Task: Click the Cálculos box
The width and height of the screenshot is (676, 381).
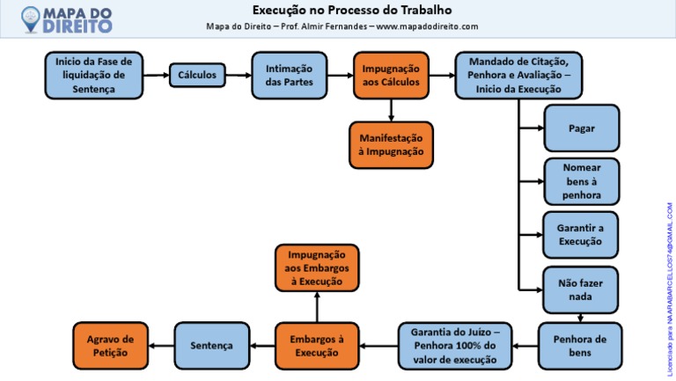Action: tap(197, 75)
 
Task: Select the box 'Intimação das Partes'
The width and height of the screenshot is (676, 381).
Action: tap(290, 76)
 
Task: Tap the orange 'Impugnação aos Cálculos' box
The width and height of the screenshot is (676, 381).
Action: tap(391, 76)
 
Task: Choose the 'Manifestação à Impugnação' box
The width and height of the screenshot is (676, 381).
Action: tap(391, 145)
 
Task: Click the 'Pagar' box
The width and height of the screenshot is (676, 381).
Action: tap(582, 128)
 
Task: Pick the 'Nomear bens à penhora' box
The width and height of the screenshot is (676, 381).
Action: tap(582, 181)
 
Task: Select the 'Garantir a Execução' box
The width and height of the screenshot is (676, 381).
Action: tap(580, 235)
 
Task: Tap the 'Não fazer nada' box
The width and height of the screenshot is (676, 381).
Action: tap(580, 290)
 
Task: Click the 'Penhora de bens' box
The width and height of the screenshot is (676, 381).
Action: tap(580, 346)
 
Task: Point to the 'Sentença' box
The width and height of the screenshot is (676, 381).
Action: tap(211, 346)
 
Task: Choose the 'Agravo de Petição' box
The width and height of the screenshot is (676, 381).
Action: tap(110, 346)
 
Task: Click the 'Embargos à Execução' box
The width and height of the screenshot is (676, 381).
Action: tap(317, 346)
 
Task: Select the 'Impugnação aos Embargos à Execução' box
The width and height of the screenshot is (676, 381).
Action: tap(317, 268)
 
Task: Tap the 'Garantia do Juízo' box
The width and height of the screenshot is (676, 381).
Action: tap(455, 346)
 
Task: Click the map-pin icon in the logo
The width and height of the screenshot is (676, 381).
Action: tap(31, 19)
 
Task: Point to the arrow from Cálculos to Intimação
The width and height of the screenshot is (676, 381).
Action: tap(239, 76)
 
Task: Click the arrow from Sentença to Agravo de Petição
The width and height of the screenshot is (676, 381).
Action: tap(161, 346)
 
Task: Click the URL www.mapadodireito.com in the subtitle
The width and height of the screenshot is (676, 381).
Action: tap(427, 26)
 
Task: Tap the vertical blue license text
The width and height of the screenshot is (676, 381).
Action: tap(670, 289)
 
